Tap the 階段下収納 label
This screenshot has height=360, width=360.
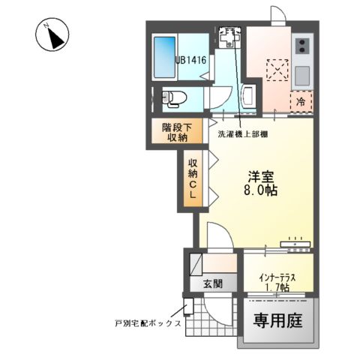[178, 132]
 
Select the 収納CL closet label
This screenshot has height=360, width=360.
[192, 179]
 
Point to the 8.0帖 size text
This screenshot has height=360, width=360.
[261, 191]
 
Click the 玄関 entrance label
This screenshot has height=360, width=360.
[212, 283]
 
